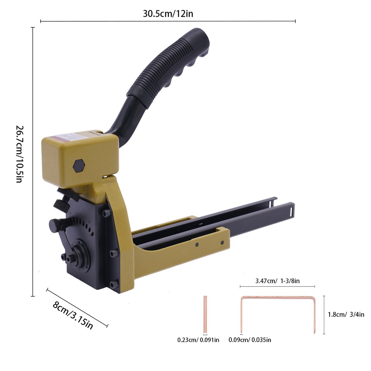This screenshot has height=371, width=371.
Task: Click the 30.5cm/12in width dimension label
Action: pos(168,14)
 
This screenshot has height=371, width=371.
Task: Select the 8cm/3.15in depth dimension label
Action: pos(73,315)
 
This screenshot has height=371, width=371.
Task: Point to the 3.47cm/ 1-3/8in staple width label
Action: pos(277,281)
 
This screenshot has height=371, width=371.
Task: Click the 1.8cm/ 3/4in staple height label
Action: pos(346,314)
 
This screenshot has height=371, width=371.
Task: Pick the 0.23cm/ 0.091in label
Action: pos(198,340)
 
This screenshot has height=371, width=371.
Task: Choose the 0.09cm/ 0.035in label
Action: pos(250,340)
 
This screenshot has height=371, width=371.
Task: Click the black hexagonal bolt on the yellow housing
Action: pos(78,165)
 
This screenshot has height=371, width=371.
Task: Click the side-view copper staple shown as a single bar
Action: pos(205,314)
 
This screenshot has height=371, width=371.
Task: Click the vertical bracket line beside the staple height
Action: pos(324,315)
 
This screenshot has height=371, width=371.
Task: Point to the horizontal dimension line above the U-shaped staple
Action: pos(277,286)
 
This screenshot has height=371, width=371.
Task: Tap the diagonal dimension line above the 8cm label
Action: pos(77,308)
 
